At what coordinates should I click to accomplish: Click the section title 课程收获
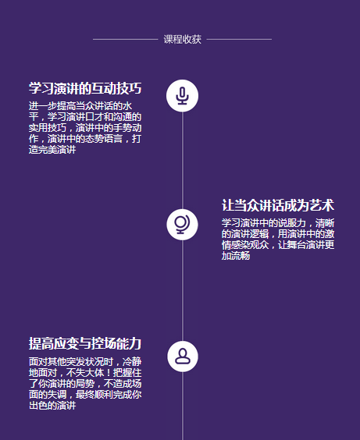tap(183, 39)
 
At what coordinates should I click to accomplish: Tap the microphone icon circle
tap(182, 96)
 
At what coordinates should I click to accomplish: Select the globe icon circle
tap(182, 225)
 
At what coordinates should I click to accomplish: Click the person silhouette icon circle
tap(183, 357)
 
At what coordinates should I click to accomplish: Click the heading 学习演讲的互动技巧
tap(85, 88)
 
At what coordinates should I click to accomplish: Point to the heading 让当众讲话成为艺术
tap(278, 205)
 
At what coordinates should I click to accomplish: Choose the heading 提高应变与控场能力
tap(85, 343)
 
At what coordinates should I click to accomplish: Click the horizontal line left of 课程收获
tap(126, 40)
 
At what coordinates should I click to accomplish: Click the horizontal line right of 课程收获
tap(239, 40)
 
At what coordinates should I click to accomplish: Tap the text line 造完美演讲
tap(52, 150)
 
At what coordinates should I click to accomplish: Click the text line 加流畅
tap(236, 256)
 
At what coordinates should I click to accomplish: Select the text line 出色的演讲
tap(52, 406)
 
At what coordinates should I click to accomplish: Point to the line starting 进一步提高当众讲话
tap(80, 106)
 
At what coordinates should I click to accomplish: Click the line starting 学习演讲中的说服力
tap(278, 223)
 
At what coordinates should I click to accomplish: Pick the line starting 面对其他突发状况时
tap(85, 362)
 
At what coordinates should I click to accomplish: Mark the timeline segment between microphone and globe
tap(183, 161)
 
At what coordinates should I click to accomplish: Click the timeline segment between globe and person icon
tap(183, 291)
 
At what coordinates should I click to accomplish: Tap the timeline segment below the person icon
tap(183, 406)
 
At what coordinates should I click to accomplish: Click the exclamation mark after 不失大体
tap(109, 373)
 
